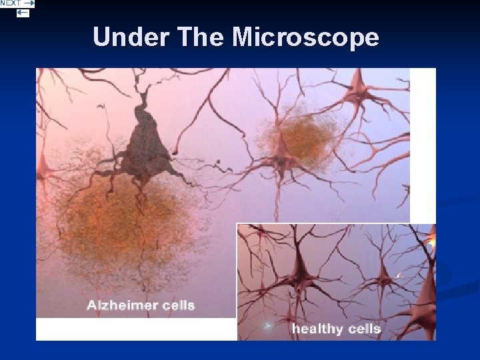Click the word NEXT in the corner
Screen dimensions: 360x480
tap(11, 3)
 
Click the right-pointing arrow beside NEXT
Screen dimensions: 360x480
tap(29, 3)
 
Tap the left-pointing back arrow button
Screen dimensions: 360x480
tap(23, 13)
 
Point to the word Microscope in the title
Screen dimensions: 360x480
tap(305, 37)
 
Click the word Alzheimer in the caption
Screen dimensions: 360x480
tap(123, 306)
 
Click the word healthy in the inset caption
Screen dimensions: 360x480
tap(316, 329)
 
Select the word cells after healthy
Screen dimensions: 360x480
tap(363, 329)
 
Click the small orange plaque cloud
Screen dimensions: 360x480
tap(297, 140)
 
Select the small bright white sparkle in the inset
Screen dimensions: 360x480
tap(399, 275)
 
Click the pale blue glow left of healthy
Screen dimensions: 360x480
tap(268, 327)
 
